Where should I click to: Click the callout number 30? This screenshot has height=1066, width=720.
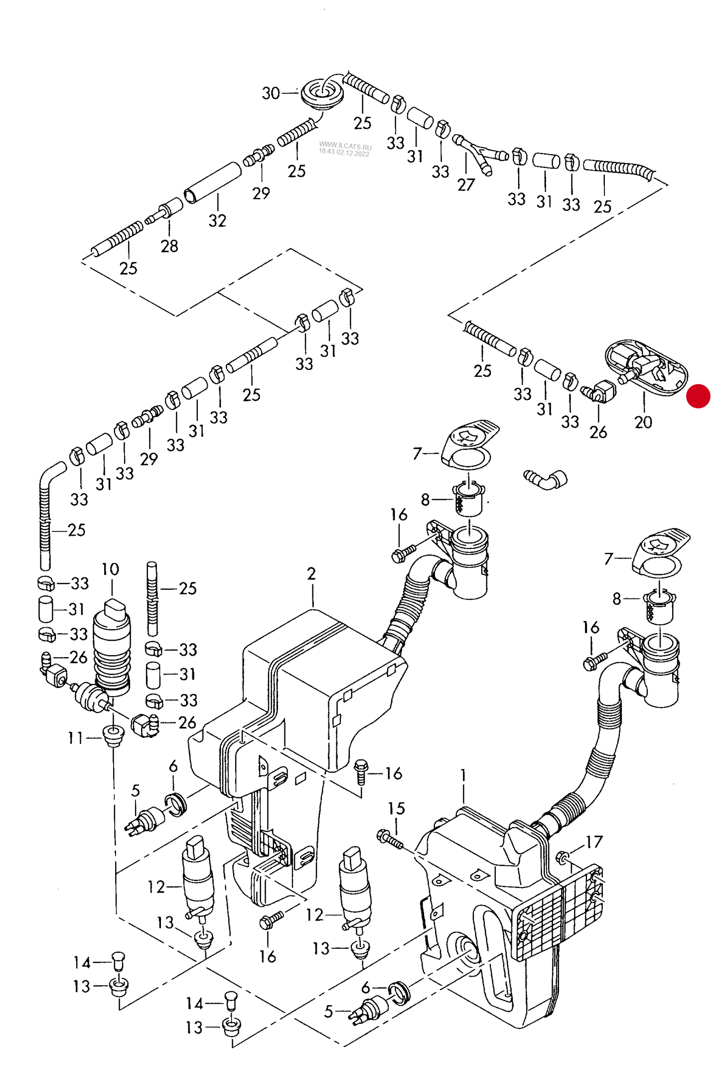tap(271, 93)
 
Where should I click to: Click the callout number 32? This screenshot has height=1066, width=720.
tap(217, 220)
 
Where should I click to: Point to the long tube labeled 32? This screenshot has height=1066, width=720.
tap(213, 182)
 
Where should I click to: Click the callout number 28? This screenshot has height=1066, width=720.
tap(169, 246)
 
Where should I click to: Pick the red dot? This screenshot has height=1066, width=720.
tap(698, 396)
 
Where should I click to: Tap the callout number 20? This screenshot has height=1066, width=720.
tap(643, 422)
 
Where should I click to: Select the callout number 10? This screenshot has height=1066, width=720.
tap(110, 569)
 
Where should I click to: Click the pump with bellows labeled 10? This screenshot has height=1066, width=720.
tap(112, 648)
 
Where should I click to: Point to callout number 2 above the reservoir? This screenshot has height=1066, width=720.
tap(311, 574)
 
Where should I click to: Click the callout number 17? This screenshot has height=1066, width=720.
tap(594, 842)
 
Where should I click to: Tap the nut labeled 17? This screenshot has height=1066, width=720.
tap(563, 857)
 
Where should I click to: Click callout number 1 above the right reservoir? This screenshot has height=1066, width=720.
tap(463, 775)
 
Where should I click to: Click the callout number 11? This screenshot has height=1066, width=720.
tap(75, 738)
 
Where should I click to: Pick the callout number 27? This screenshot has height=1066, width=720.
tap(466, 185)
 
